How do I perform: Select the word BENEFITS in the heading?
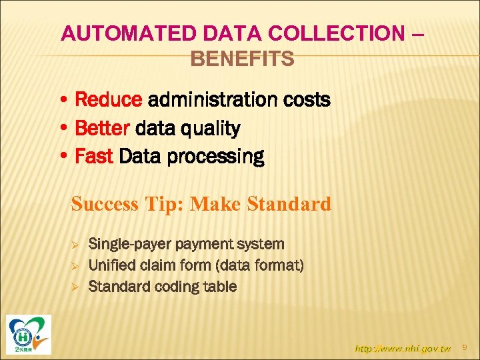pyautogui.click(x=242, y=59)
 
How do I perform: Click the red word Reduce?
pyautogui.click(x=109, y=100)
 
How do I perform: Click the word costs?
pyautogui.click(x=305, y=100)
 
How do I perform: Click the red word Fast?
pyautogui.click(x=95, y=157)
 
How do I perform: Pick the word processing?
pyautogui.click(x=227, y=157)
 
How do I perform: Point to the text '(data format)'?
pyautogui.click(x=260, y=265)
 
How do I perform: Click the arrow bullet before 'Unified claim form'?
pyautogui.click(x=75, y=266)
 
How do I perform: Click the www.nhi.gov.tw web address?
pyautogui.click(x=403, y=348)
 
